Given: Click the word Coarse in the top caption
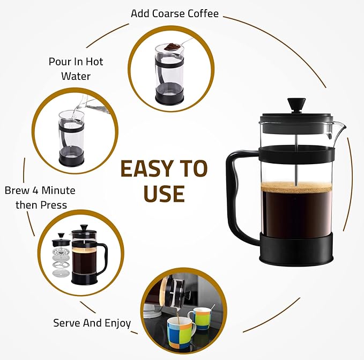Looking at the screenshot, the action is click(169, 13).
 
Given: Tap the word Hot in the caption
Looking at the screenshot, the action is click(94, 62).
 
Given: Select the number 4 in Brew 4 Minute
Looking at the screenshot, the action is click(35, 190).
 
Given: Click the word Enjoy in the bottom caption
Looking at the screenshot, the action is click(117, 324).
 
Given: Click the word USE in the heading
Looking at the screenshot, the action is click(164, 194).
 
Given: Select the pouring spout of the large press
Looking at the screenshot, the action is click(338, 130).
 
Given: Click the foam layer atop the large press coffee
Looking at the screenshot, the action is click(296, 187).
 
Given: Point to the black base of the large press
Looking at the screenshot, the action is click(296, 249).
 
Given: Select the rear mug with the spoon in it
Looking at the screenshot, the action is click(199, 318).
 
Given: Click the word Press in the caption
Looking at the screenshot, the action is click(54, 205).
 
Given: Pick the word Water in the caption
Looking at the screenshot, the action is click(76, 76).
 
